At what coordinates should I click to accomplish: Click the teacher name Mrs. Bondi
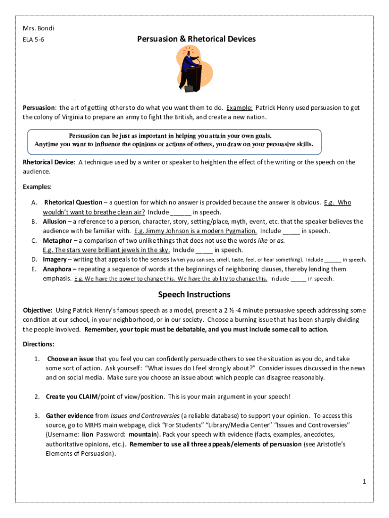click(x=38, y=28)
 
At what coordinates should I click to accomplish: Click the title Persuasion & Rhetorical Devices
click(x=196, y=39)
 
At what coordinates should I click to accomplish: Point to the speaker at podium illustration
click(x=190, y=69)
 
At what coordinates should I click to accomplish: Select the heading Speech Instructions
click(x=194, y=294)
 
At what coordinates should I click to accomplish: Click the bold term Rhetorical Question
click(x=73, y=202)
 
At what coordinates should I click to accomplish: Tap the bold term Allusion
click(x=55, y=222)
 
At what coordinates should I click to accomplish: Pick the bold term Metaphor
click(x=57, y=240)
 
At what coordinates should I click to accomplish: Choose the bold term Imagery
click(x=55, y=260)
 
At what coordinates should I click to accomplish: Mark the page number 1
click(x=364, y=482)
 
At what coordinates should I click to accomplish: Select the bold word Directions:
click(x=38, y=344)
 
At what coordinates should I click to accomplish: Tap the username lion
click(x=87, y=435)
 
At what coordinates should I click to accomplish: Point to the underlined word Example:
click(x=239, y=108)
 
